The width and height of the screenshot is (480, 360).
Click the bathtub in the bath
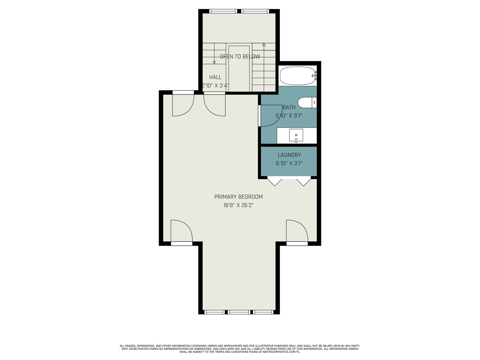pyautogui.click(x=298, y=76)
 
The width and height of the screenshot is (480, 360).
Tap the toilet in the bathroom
pyautogui.click(x=307, y=102)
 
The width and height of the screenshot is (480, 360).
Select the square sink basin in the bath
pyautogui.click(x=296, y=135)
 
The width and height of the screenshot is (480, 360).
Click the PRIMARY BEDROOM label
pyautogui.click(x=238, y=197)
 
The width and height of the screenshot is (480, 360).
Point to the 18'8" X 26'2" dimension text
pyautogui.click(x=238, y=205)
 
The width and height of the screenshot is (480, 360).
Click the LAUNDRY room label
pyautogui.click(x=289, y=155)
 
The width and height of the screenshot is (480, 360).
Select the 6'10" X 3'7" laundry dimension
pyautogui.click(x=289, y=163)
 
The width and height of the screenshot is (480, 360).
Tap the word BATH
pyautogui.click(x=289, y=107)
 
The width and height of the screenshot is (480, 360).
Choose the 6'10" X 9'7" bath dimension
pyautogui.click(x=289, y=115)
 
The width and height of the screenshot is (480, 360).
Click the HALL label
pyautogui.click(x=215, y=77)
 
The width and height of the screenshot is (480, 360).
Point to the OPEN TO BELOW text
pyautogui.click(x=240, y=57)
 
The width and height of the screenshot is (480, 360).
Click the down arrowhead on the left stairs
pyautogui.click(x=214, y=62)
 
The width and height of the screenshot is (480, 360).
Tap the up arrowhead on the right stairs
pyautogui.click(x=264, y=45)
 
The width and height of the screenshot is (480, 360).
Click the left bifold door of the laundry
pyautogui.click(x=275, y=182)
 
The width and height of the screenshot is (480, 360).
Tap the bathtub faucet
pyautogui.click(x=314, y=76)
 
